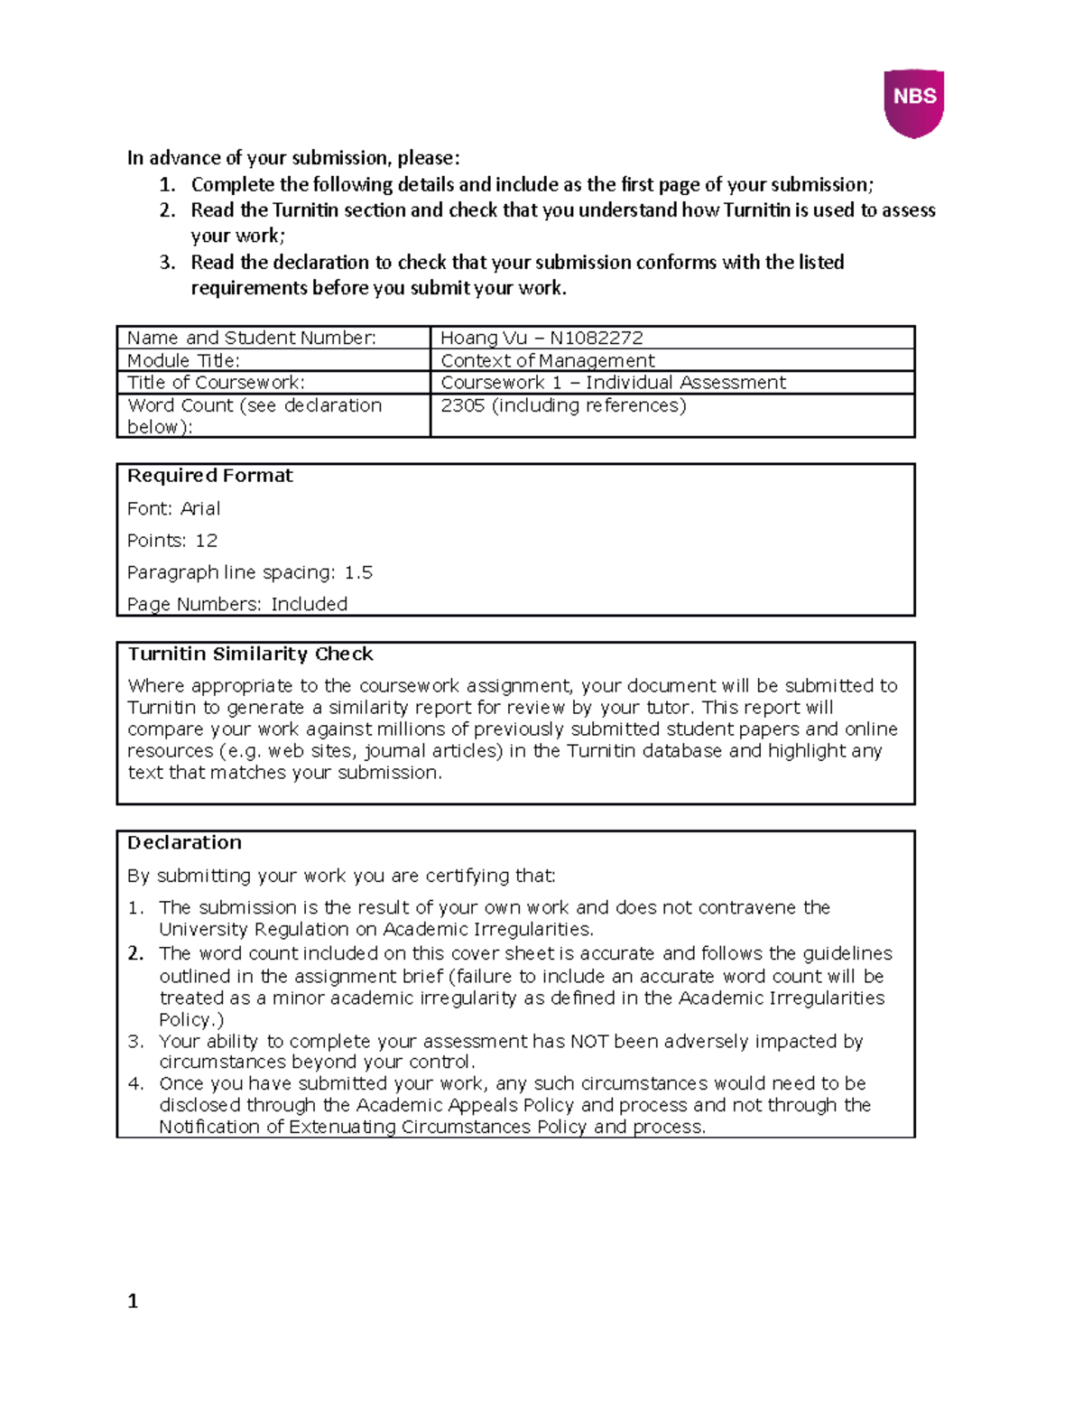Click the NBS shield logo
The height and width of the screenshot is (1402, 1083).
[x=913, y=102]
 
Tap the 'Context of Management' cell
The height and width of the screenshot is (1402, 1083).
[x=547, y=360]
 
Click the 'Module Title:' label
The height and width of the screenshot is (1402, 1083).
[x=183, y=360]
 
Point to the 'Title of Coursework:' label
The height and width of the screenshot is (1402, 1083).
[x=216, y=382]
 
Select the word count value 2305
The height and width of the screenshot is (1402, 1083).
[x=462, y=405]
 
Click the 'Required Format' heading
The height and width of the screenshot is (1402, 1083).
[x=209, y=476]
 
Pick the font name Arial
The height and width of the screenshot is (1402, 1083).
[x=200, y=508]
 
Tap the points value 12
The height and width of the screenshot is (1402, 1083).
[x=206, y=541]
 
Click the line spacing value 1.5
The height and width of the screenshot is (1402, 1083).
[x=358, y=572]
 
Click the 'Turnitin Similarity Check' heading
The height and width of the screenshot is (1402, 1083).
[x=250, y=654]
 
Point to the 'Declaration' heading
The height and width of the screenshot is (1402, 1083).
[x=184, y=842]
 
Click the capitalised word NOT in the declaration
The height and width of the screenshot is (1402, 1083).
[x=589, y=1041]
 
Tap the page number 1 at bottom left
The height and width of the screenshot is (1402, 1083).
[x=133, y=1301]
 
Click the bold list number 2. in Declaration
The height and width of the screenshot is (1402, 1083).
[x=136, y=953]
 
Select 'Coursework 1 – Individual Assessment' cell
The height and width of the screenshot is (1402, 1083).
[x=613, y=382]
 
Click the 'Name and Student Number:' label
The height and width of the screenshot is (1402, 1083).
[x=251, y=338]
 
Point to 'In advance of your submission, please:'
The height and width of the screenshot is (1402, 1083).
[x=293, y=158]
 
